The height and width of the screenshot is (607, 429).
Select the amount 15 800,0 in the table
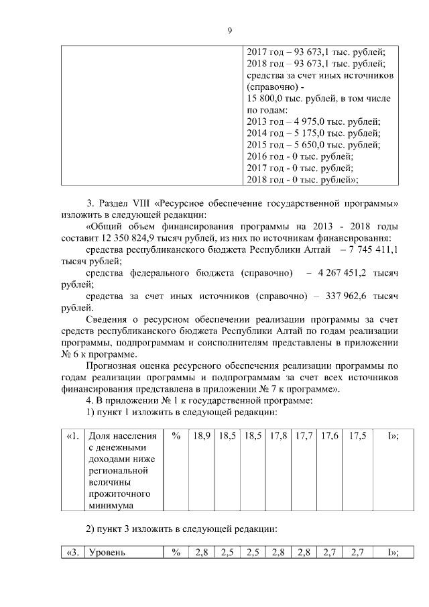click(x=267, y=99)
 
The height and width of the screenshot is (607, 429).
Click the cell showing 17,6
click(x=329, y=436)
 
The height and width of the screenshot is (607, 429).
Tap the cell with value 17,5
click(x=357, y=436)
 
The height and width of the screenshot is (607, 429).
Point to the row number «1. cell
click(x=72, y=436)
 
